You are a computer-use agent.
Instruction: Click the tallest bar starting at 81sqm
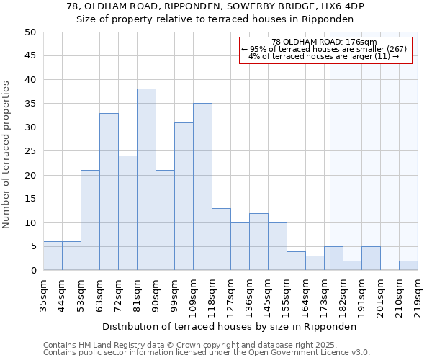click(x=146, y=179)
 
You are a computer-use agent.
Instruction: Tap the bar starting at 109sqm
click(x=202, y=186)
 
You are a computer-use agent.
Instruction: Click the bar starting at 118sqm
click(x=221, y=239)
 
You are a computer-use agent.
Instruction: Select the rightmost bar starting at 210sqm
click(x=408, y=265)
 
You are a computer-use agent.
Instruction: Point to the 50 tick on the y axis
click(x=30, y=32)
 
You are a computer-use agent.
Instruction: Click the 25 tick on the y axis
click(x=30, y=151)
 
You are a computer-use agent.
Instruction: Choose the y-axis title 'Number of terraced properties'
click(x=7, y=155)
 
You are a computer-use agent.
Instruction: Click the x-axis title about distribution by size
click(x=230, y=326)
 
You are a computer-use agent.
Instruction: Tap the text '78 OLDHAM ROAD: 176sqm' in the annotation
click(x=325, y=42)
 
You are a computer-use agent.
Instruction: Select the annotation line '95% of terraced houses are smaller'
click(x=325, y=49)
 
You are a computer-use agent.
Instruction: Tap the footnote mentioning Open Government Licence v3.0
click(x=207, y=352)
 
